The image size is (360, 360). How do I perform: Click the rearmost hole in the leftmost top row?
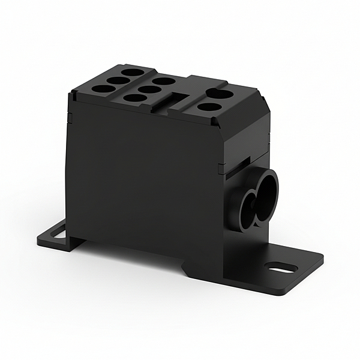point(133,72)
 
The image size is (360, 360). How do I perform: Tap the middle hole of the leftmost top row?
point(118,80)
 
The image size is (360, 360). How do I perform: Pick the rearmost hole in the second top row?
point(164,81)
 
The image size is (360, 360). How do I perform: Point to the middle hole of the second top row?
point(149,89)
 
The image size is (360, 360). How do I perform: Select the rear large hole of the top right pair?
point(221,94)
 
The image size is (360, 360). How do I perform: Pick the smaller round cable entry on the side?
point(244,210)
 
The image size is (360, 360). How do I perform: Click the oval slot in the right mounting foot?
point(283,268)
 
